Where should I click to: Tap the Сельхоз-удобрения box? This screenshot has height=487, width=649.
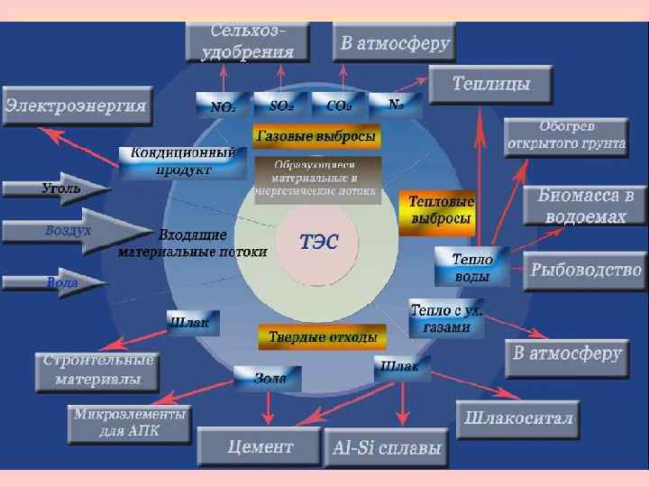pos(247,41)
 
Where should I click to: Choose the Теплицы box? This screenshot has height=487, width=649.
pos(491,86)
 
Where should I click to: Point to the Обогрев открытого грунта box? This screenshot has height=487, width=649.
pos(566,137)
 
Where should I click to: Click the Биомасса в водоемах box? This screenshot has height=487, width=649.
pos(592,206)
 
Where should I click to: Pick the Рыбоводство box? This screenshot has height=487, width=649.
pos(586,269)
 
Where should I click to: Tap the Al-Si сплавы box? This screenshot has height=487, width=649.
pos(388,446)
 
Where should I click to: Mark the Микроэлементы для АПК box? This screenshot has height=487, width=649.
pos(131,423)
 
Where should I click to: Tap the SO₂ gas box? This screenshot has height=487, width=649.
pos(280,105)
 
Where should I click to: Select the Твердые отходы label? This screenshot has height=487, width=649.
pos(322,337)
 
